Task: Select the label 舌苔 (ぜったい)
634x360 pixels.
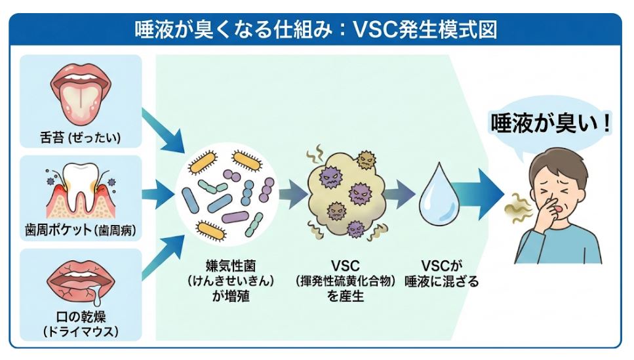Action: point(81,139)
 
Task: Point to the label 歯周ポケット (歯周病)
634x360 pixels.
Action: point(81,231)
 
